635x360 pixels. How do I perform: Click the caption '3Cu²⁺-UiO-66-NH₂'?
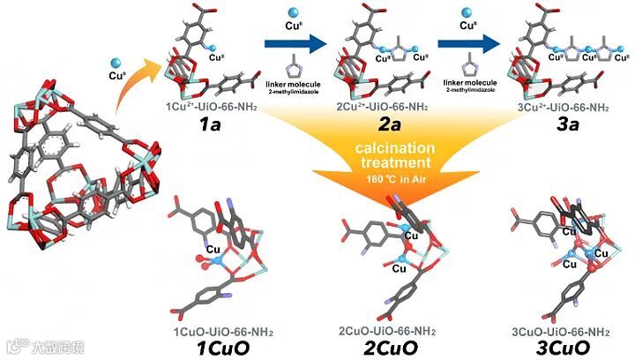[x=562, y=108]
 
